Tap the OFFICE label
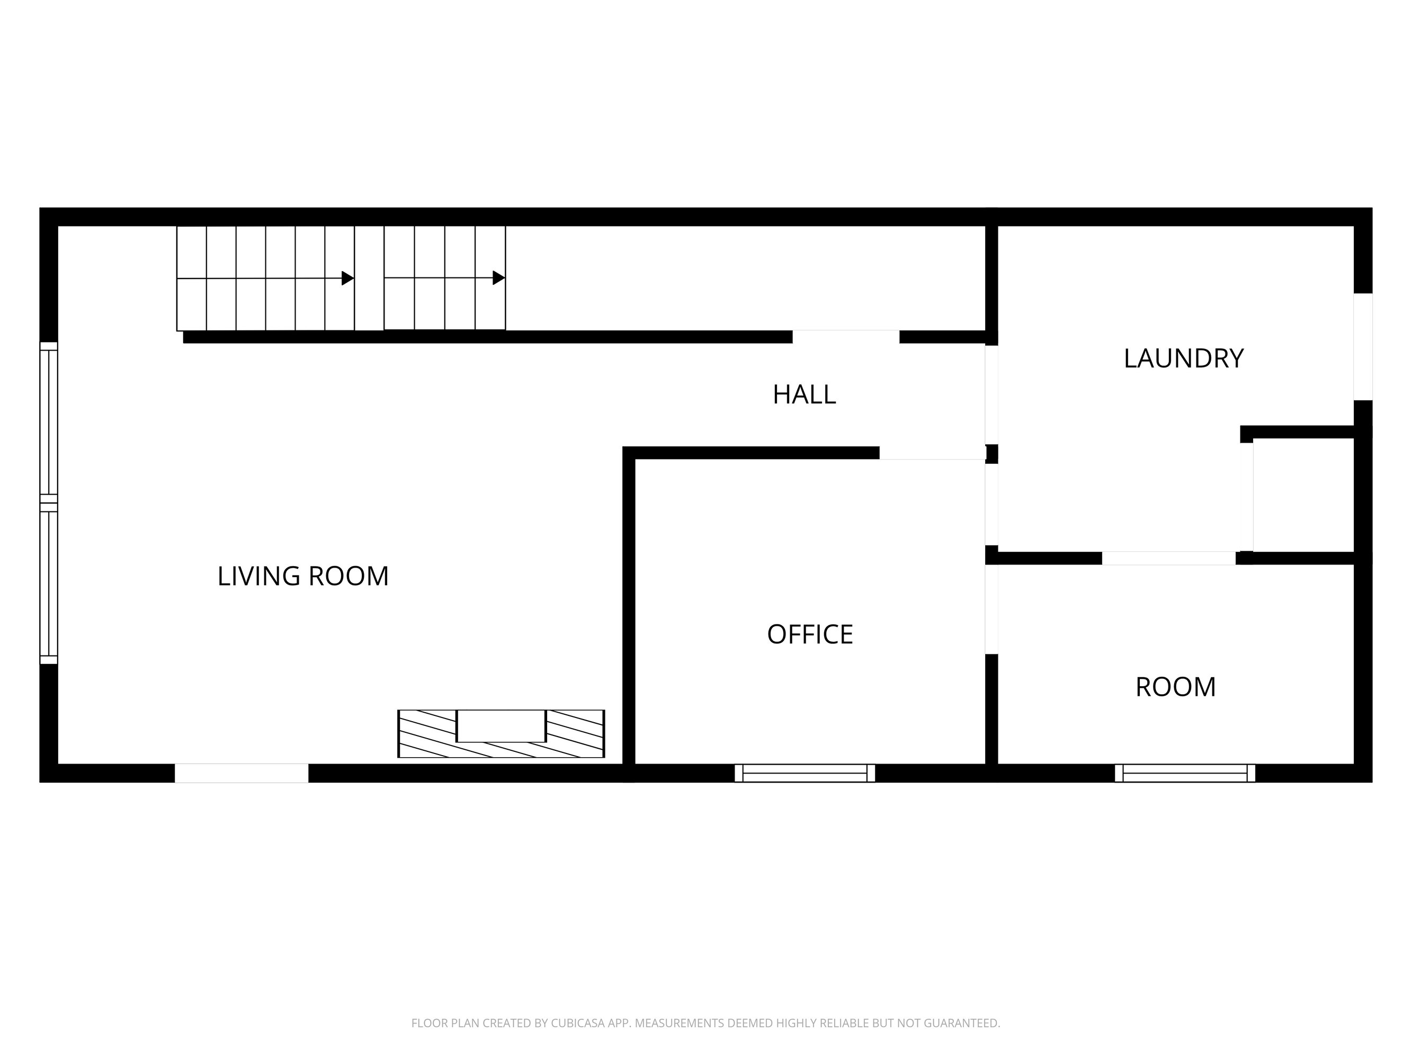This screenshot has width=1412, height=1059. coord(810,634)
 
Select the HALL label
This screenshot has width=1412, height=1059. coord(805,394)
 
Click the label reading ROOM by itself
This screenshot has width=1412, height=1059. coord(1176,687)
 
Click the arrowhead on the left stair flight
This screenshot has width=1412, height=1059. coord(348,279)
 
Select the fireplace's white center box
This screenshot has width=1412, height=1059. coord(501,726)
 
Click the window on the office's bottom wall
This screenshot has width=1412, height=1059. coord(805,773)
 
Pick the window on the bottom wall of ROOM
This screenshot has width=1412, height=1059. coord(1185,773)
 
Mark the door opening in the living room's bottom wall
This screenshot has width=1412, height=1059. coord(242,773)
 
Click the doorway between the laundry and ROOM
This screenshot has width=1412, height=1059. coord(1169,558)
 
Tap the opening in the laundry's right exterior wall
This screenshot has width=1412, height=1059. coord(1363,347)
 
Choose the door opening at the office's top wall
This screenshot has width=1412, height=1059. coord(933,453)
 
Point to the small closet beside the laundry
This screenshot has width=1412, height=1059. coord(1303,495)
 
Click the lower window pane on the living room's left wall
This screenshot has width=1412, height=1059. coord(49,584)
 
